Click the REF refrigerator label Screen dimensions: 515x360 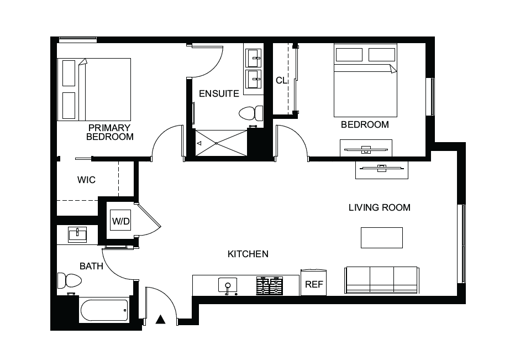(x=314, y=284)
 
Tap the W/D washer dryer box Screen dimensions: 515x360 (x=120, y=221)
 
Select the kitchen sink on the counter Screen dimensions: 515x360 (x=228, y=285)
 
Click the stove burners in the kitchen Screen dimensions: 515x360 (x=269, y=285)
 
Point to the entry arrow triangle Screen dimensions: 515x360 (x=160, y=320)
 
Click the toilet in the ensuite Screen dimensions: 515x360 (x=251, y=113)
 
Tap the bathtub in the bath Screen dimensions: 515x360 (x=104, y=310)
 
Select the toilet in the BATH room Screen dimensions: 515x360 (x=69, y=281)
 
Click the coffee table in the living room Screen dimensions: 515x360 (x=382, y=238)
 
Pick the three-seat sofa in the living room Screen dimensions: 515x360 (x=382, y=280)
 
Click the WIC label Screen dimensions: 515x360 (x=86, y=180)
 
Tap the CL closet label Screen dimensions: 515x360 (x=281, y=80)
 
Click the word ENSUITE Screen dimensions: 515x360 (x=219, y=93)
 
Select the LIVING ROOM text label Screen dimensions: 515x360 (x=380, y=207)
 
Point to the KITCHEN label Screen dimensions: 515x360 (x=248, y=254)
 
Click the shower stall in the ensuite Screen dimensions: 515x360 (x=221, y=143)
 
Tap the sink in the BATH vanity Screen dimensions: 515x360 (x=77, y=234)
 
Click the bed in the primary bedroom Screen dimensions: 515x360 (x=94, y=90)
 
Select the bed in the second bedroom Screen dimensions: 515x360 (x=366, y=80)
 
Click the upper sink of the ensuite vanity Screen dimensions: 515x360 (x=254, y=58)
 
